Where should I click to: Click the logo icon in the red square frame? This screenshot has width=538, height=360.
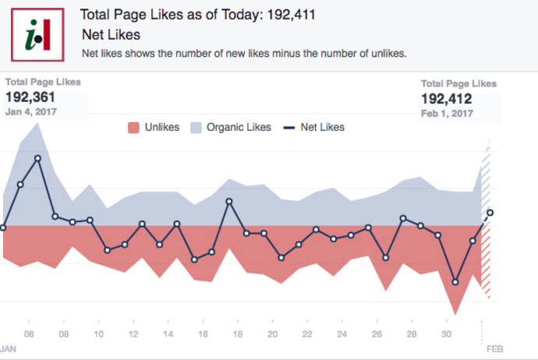tap(37, 34)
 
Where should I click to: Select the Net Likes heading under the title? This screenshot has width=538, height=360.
tap(111, 35)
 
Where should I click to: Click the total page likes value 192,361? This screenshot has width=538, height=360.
tap(32, 97)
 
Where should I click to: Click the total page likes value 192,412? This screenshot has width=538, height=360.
tap(447, 99)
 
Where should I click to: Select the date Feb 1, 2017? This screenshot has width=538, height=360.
tap(447, 114)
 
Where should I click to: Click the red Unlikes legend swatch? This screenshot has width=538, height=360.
tap(133, 127)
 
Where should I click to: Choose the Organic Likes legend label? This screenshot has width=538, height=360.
tap(239, 127)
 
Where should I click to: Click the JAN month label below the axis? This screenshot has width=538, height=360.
tap(7, 348)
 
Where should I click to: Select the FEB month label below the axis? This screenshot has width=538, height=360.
tap(495, 348)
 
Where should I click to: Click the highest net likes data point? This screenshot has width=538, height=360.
tap(37, 158)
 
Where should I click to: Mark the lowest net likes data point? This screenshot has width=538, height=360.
tap(455, 282)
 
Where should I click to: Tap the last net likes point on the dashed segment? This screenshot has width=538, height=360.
tap(490, 212)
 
